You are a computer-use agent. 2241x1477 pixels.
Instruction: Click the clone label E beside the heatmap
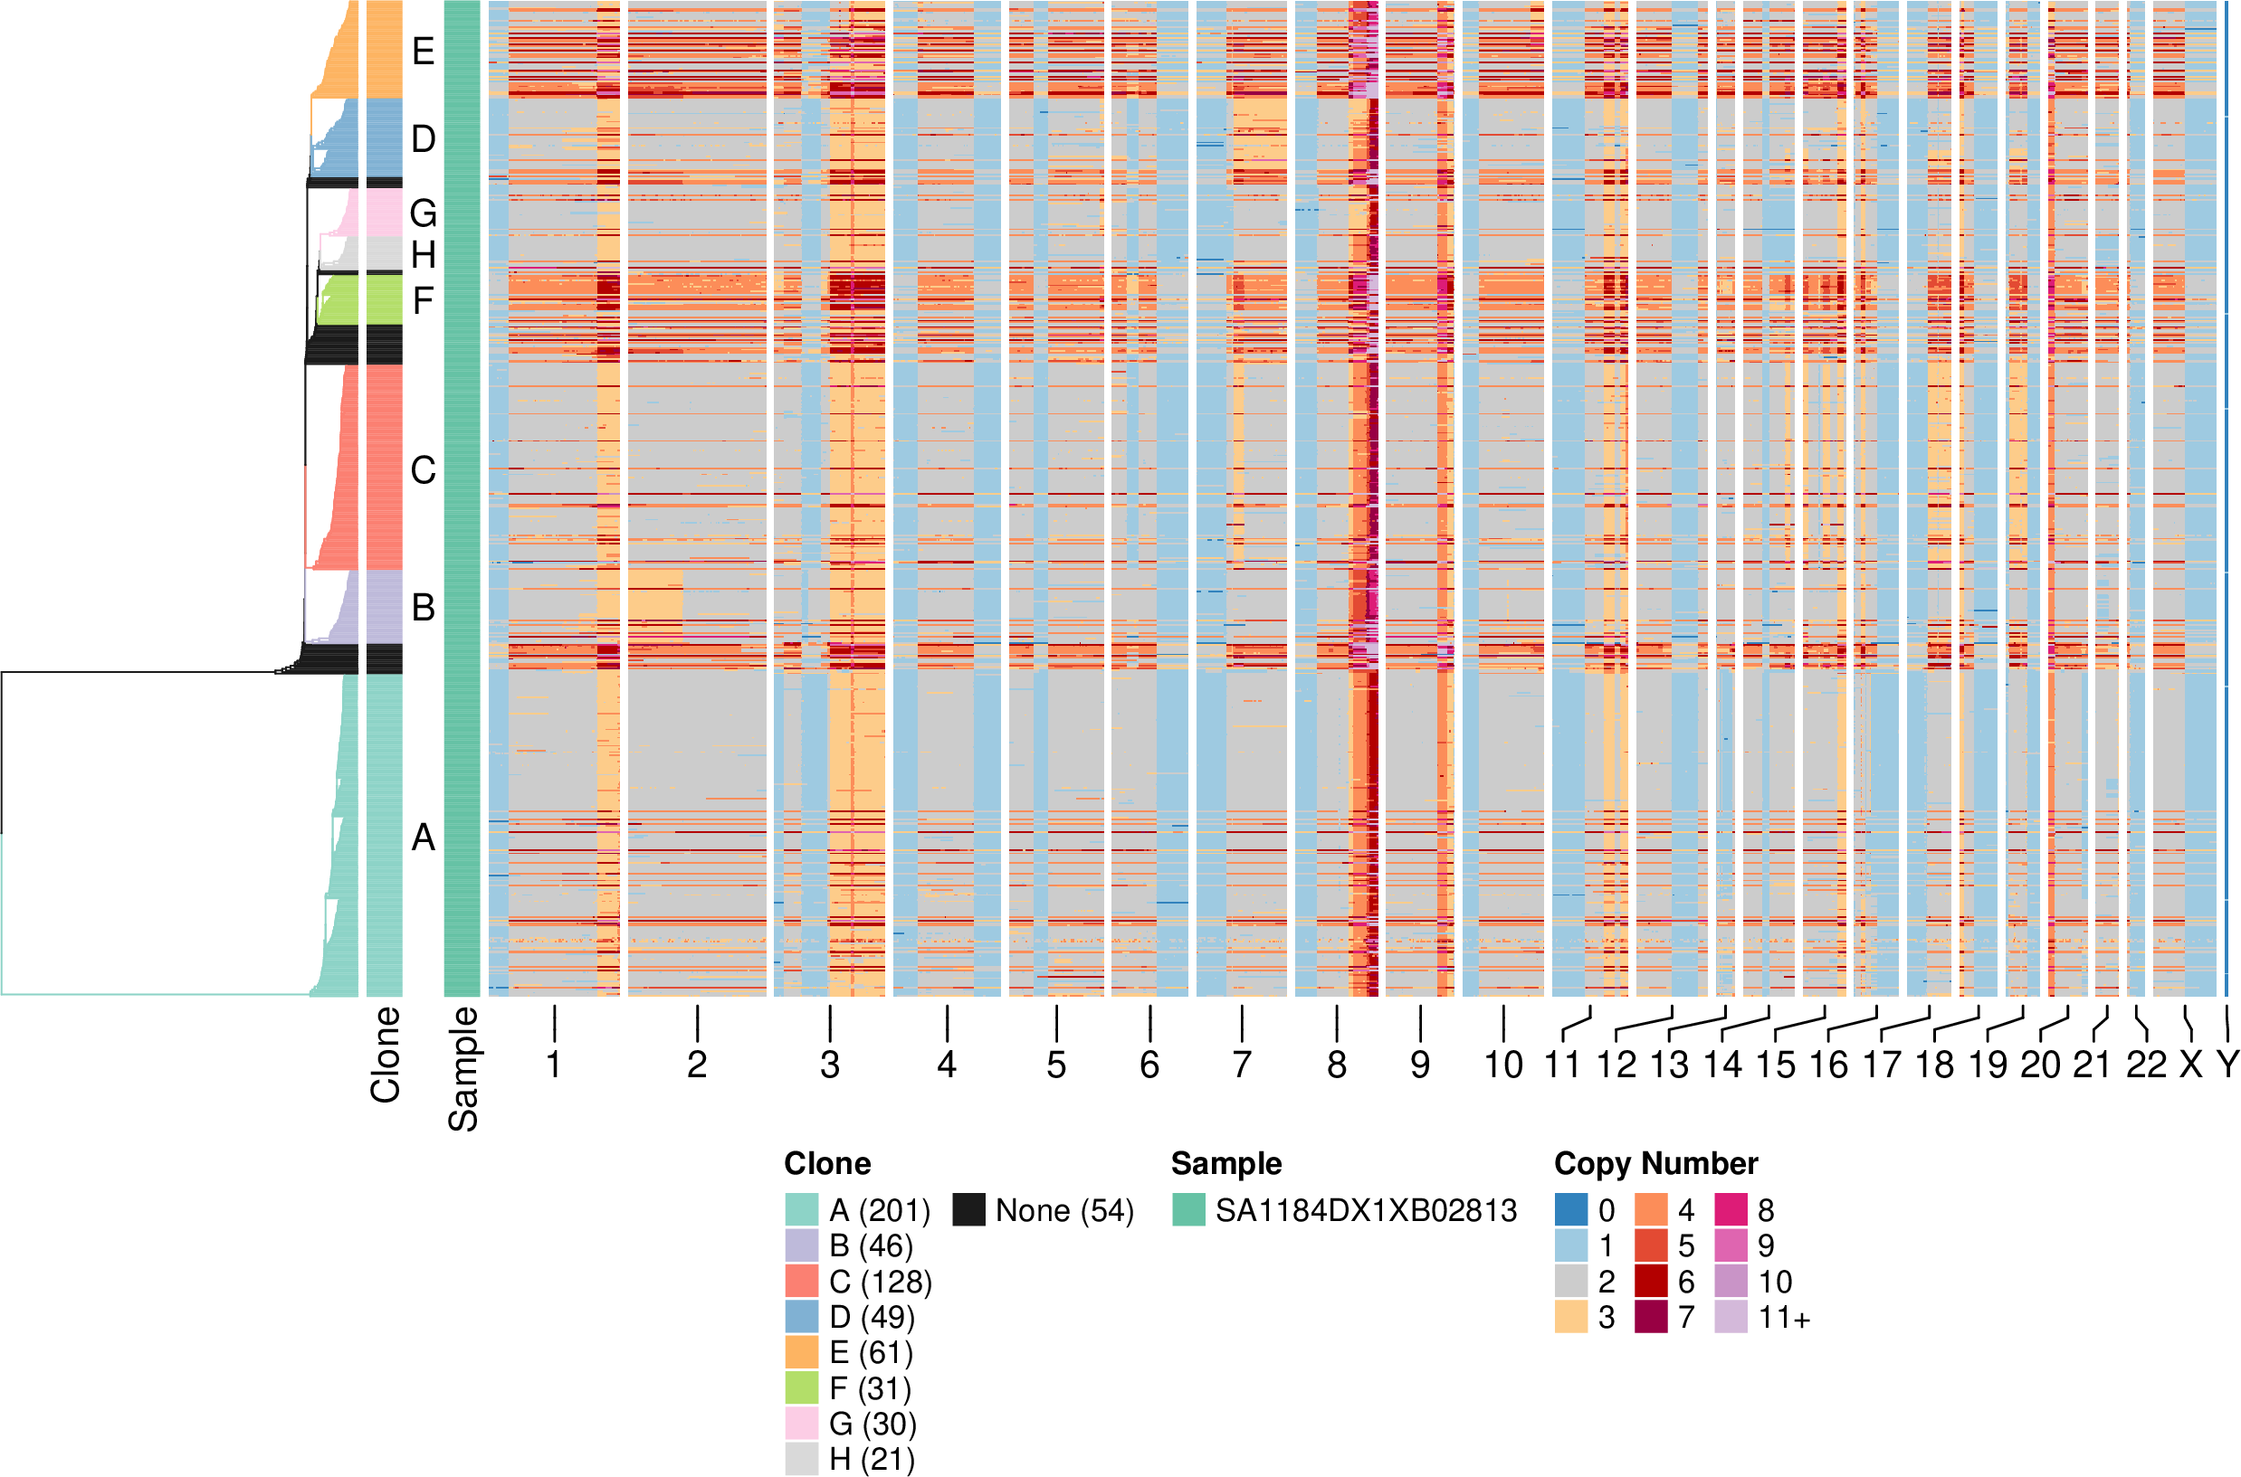[x=424, y=51]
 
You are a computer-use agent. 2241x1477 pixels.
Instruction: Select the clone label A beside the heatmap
[x=424, y=838]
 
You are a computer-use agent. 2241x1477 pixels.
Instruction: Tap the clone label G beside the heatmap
[x=424, y=213]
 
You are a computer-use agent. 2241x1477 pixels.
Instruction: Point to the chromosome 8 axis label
[x=1336, y=1065]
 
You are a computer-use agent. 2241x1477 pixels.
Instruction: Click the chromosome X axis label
[x=2191, y=1065]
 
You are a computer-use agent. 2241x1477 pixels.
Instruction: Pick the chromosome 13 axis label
[x=1669, y=1065]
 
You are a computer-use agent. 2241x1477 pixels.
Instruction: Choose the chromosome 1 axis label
[x=554, y=1065]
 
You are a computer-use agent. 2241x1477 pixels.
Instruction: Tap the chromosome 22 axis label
[x=2147, y=1065]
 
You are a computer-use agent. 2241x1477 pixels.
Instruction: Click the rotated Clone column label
[x=386, y=1054]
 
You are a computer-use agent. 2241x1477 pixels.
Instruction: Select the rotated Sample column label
[x=463, y=1069]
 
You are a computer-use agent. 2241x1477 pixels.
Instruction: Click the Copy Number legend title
[x=1655, y=1163]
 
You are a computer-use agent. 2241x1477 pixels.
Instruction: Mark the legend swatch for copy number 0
[x=1571, y=1209]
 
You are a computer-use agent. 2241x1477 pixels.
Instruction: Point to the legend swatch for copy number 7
[x=1651, y=1317]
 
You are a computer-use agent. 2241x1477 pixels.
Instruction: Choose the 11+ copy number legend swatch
[x=1731, y=1317]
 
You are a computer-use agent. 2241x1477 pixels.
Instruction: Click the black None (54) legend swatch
[x=968, y=1209]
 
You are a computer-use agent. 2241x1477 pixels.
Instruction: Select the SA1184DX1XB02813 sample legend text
[x=1366, y=1210]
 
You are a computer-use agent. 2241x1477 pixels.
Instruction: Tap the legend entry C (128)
[x=880, y=1282]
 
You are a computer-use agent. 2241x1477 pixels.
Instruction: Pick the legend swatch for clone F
[x=802, y=1388]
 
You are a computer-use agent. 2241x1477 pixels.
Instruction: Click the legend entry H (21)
[x=872, y=1459]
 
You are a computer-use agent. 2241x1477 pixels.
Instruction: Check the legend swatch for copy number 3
[x=1571, y=1317]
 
